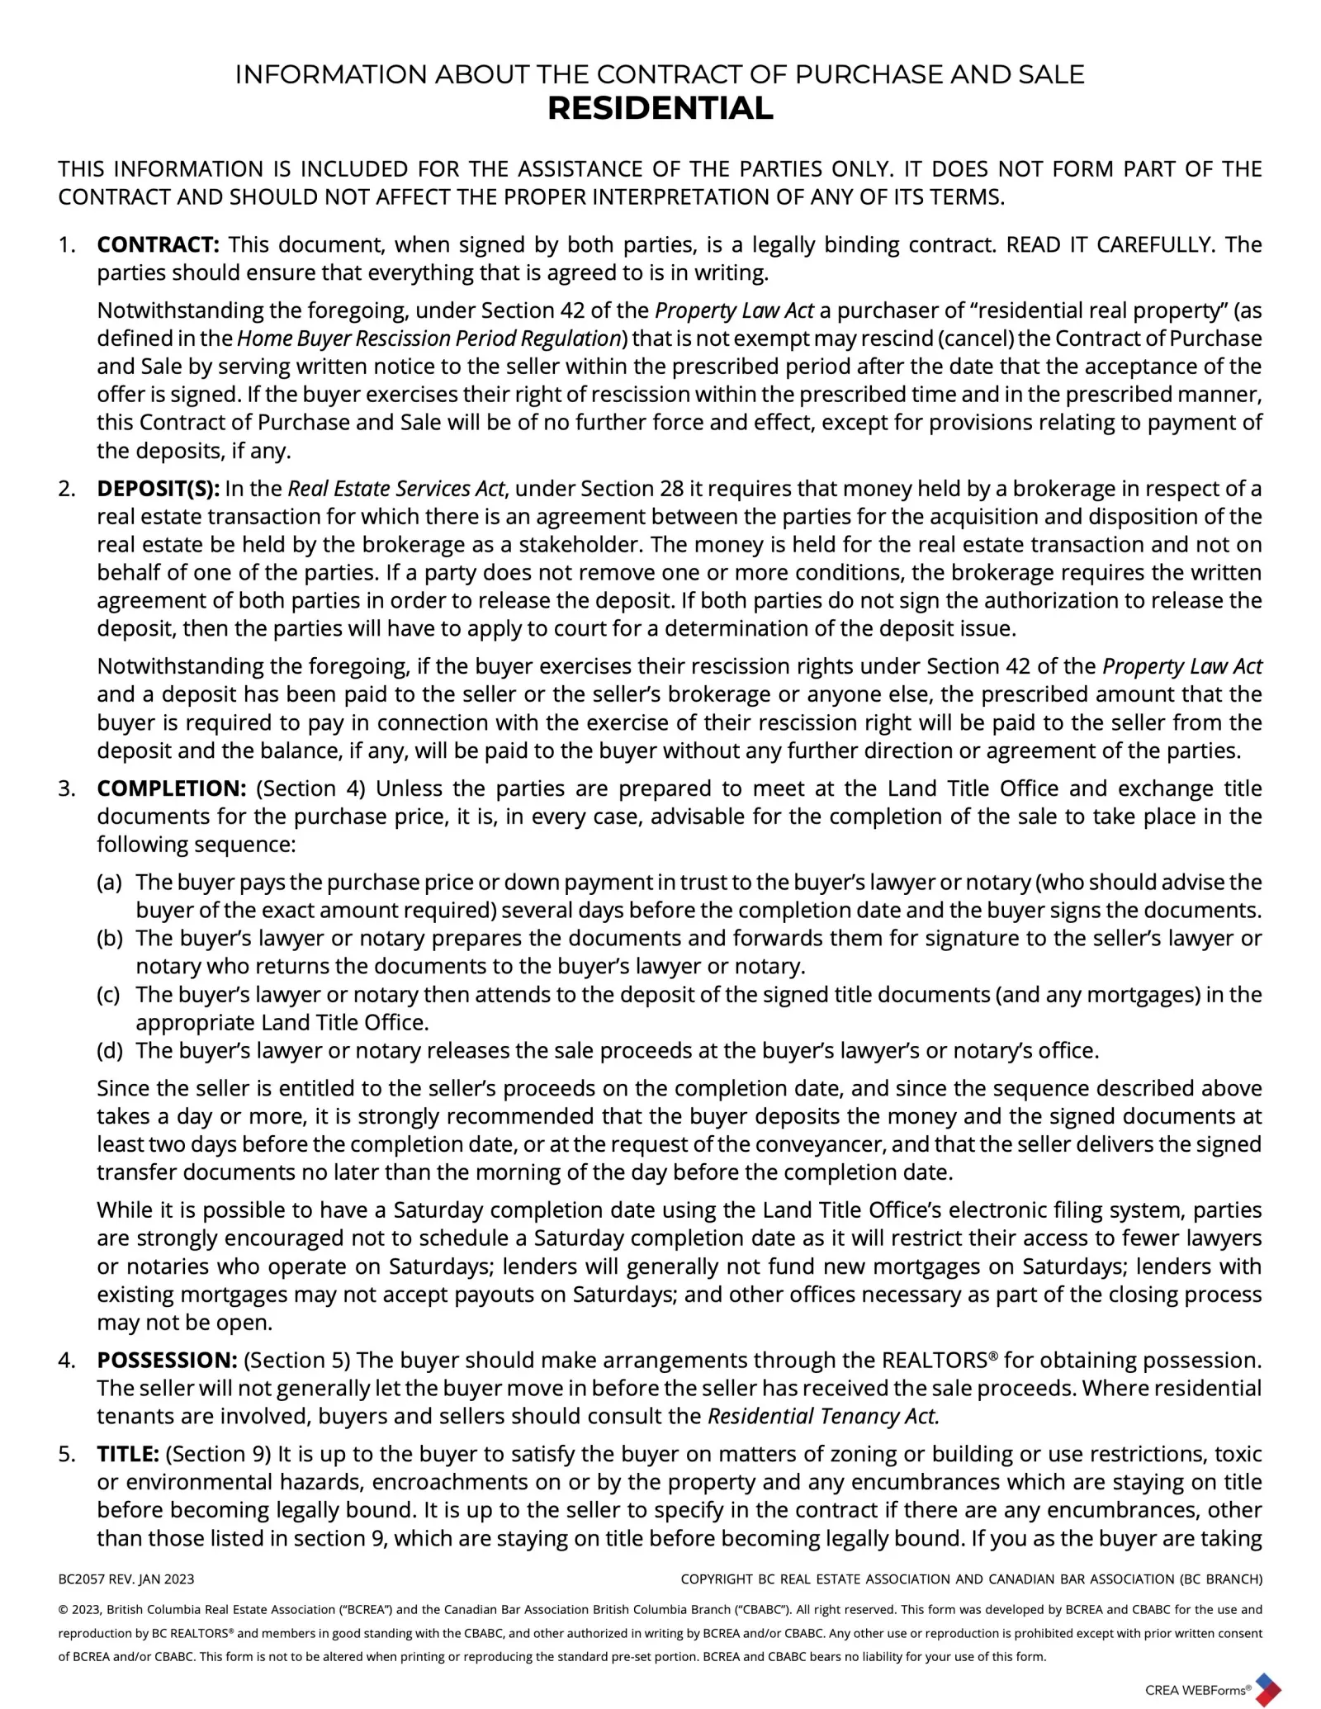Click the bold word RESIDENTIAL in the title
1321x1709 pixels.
[x=660, y=109]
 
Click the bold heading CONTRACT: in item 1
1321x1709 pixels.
[x=158, y=244]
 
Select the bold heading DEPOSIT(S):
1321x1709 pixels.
[x=158, y=489]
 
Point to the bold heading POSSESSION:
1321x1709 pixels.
[x=168, y=1360]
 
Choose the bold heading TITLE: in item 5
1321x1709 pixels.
[x=128, y=1454]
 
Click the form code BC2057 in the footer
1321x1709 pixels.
[x=81, y=1579]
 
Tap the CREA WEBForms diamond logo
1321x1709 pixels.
[x=1267, y=1688]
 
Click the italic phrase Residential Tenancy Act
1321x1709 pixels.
[x=824, y=1416]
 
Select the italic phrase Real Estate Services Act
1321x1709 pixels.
[x=395, y=489]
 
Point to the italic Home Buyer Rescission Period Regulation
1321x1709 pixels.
[x=429, y=338]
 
